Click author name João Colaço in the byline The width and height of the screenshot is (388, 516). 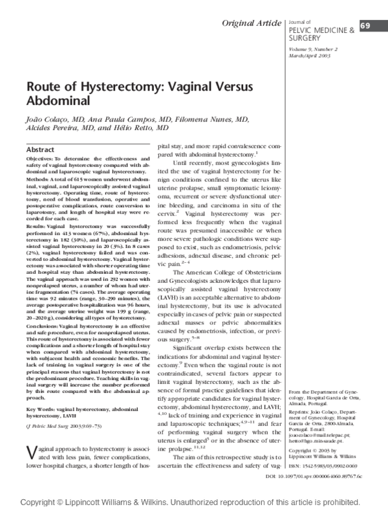(47, 120)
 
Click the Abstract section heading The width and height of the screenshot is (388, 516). (39, 150)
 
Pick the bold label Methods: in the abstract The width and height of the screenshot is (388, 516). (38, 176)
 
